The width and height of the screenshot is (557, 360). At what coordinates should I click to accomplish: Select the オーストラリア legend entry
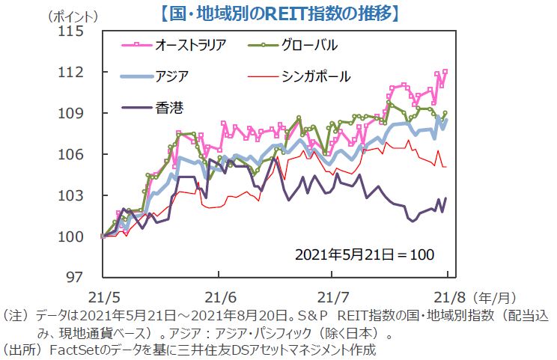pyautogui.click(x=186, y=46)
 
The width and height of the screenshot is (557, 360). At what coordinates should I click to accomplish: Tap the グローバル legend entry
pyautogui.click(x=308, y=46)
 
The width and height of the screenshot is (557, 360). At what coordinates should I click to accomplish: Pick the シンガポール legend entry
pyautogui.click(x=315, y=76)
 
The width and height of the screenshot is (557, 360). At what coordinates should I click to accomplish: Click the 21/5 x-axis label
pyautogui.click(x=101, y=295)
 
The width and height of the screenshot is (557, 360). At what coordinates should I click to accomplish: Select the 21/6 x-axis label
pyautogui.click(x=218, y=295)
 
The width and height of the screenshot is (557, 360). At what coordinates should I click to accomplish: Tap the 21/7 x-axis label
pyautogui.click(x=332, y=295)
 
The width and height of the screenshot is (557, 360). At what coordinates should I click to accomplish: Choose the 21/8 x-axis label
pyautogui.click(x=445, y=295)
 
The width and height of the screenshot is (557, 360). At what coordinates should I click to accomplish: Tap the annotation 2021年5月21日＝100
pyautogui.click(x=363, y=254)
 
